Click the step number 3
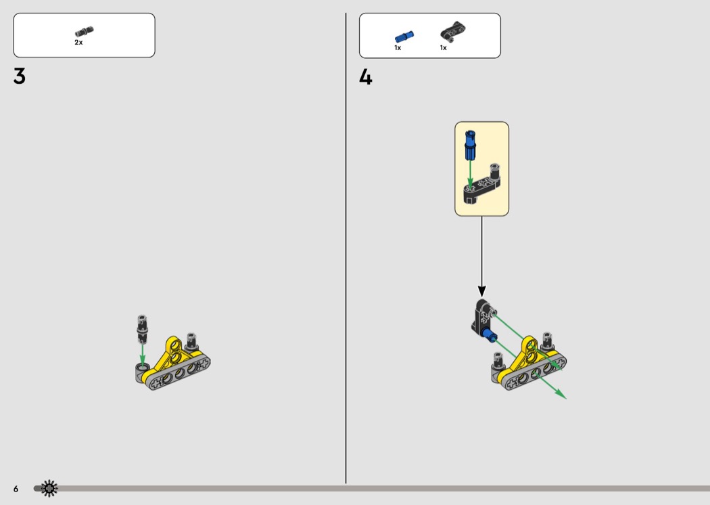[20, 76]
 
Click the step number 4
[365, 77]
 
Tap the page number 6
[16, 489]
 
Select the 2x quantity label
[79, 42]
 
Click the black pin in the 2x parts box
[85, 31]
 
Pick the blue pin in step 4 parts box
[404, 37]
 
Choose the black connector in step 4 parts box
[452, 31]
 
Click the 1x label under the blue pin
[398, 47]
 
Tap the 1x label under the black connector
[444, 47]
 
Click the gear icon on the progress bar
[49, 488]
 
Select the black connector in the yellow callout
[481, 185]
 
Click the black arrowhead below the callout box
[481, 291]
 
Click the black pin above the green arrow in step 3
[142, 329]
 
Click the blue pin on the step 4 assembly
[489, 336]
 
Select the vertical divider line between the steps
[346, 248]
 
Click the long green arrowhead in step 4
[561, 394]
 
